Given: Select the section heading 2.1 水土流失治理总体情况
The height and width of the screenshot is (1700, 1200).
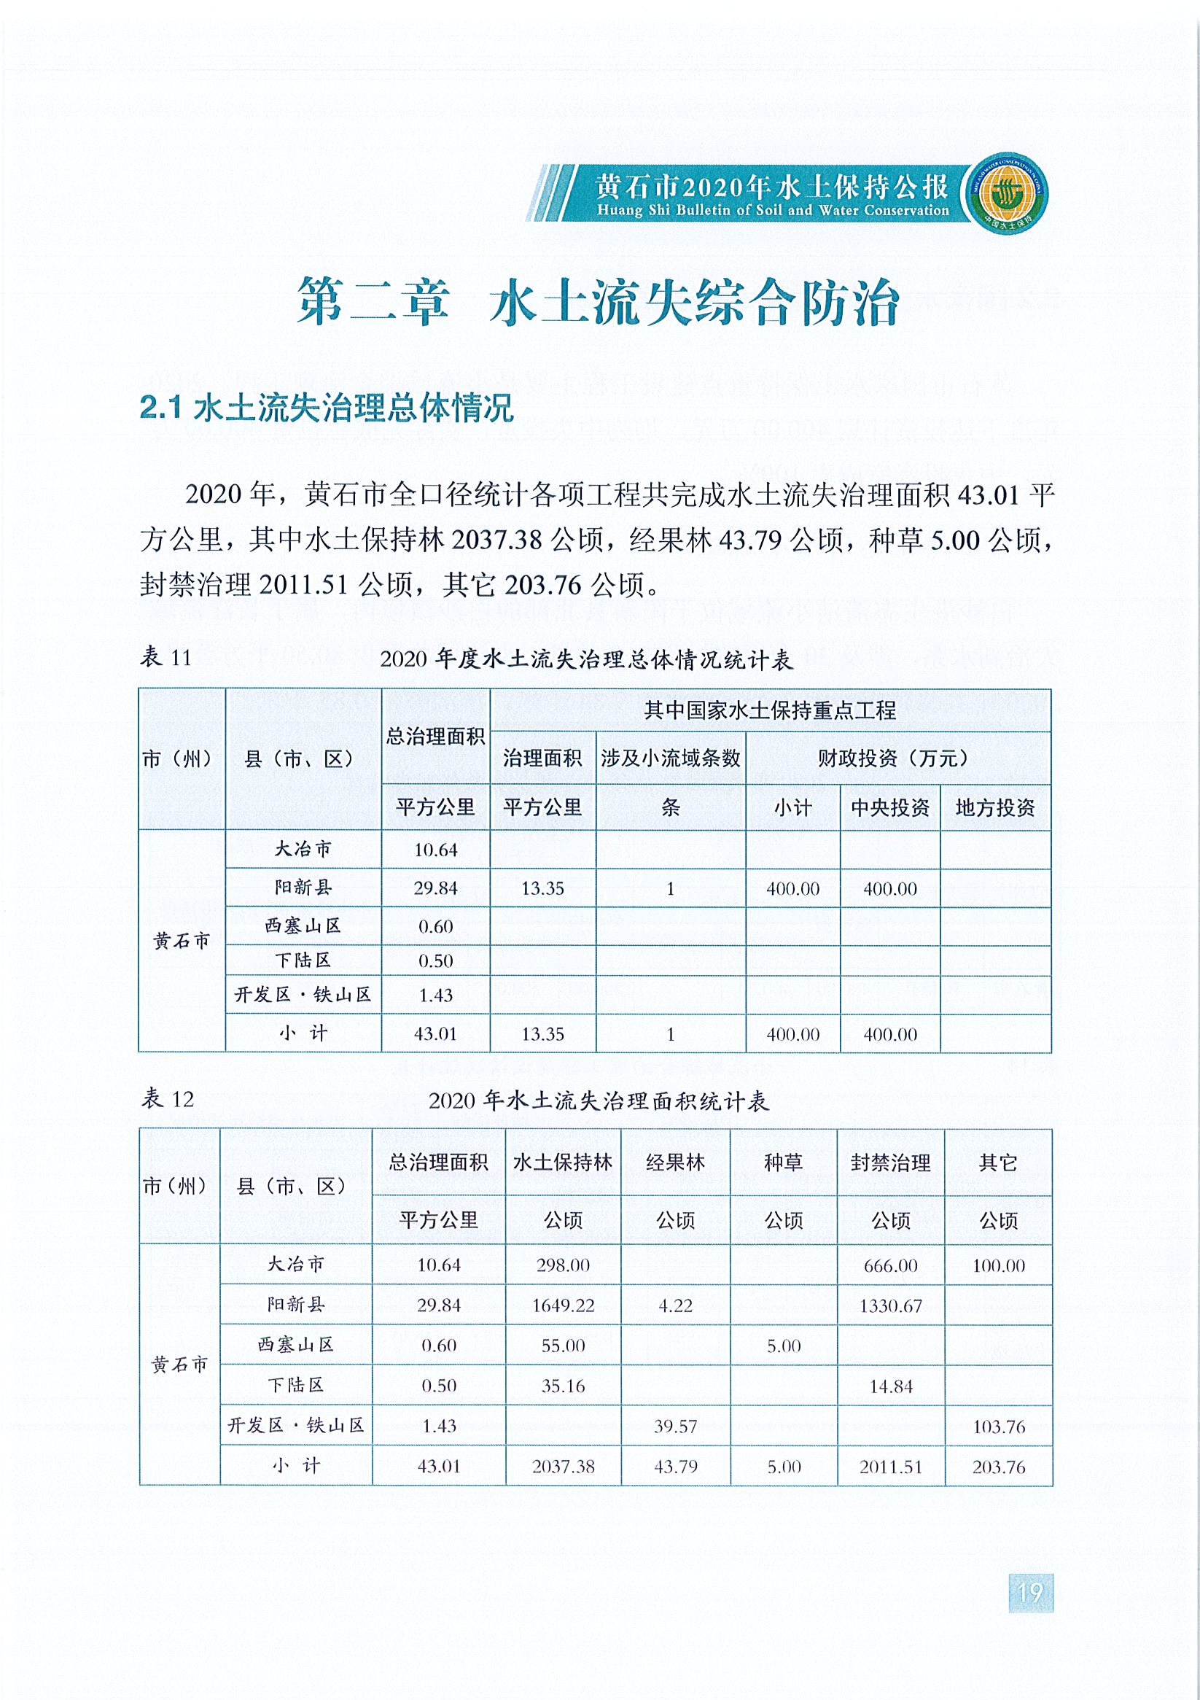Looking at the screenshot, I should coord(327,408).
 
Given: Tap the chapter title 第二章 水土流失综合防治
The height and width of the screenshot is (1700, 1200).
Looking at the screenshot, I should coord(598,302).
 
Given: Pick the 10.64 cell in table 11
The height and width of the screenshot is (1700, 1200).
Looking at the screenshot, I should coord(435,850).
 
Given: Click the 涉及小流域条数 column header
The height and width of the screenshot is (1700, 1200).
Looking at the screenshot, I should coord(670,758).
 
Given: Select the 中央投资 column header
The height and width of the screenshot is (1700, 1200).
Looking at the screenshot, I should coord(890,808).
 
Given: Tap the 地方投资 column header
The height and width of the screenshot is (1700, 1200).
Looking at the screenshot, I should coord(995,808).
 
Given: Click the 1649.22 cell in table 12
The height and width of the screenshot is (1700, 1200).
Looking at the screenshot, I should coord(563,1305).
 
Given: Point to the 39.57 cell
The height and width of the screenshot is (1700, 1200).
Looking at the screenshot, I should coord(675,1426).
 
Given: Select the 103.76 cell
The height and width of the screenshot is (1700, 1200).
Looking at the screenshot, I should coord(998,1426).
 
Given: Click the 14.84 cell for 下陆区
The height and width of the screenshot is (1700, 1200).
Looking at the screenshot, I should coord(891,1386).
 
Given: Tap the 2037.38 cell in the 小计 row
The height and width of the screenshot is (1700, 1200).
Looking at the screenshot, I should coord(563,1467).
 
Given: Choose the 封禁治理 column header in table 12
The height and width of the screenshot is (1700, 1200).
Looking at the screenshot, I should coord(891,1163).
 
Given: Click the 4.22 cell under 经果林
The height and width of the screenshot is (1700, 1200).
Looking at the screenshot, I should coord(675,1305).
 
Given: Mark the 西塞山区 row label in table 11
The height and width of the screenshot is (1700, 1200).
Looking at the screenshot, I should coord(303,925).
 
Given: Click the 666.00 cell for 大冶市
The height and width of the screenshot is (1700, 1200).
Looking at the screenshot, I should coord(891,1265).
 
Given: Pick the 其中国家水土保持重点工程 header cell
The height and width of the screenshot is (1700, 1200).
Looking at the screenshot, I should coord(770,711).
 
